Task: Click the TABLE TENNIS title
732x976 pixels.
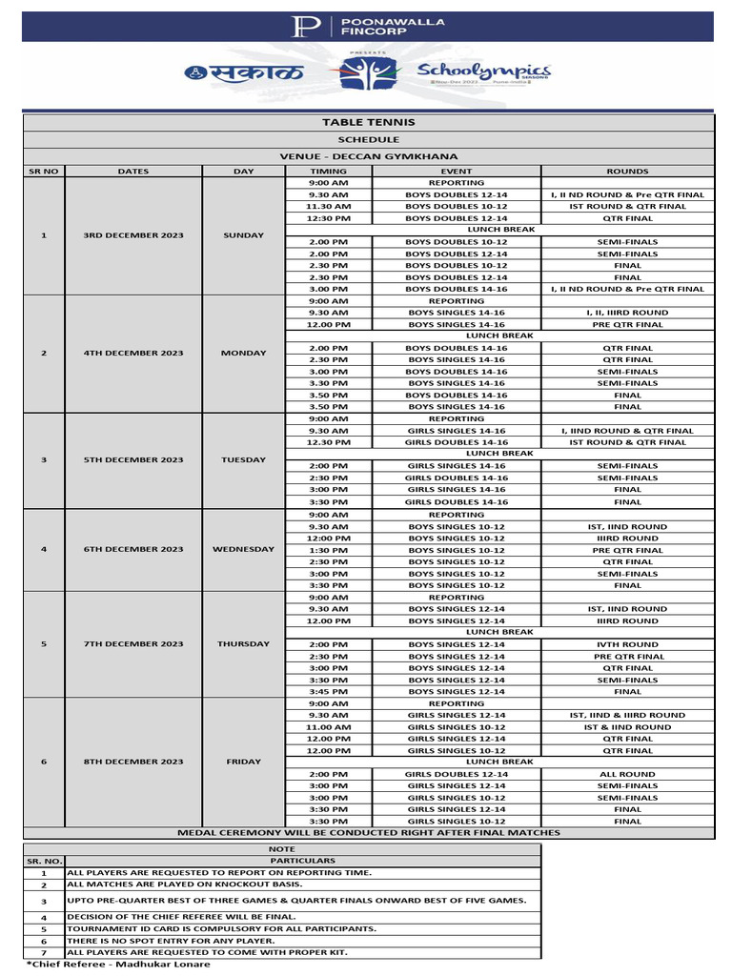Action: point(368,123)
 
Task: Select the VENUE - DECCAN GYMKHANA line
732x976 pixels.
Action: point(368,156)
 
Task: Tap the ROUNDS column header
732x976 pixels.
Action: point(627,172)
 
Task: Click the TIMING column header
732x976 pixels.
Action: point(328,172)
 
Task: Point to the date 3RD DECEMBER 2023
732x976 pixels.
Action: point(133,235)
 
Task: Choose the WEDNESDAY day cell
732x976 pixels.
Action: point(244,549)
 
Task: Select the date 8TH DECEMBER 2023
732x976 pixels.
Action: point(133,762)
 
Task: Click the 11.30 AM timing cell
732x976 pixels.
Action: point(328,207)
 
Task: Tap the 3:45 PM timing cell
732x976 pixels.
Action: point(328,691)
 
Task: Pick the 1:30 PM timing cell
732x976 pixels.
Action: point(328,550)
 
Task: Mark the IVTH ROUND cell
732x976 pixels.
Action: point(627,644)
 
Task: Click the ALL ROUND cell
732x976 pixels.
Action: point(627,774)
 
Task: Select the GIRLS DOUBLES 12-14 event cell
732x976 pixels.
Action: point(457,774)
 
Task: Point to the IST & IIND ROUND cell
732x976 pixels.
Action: point(627,726)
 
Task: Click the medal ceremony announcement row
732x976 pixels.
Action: point(368,832)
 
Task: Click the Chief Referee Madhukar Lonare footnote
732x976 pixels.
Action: point(118,964)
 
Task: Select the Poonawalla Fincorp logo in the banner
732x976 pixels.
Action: point(365,26)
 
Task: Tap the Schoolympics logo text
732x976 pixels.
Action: point(483,71)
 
